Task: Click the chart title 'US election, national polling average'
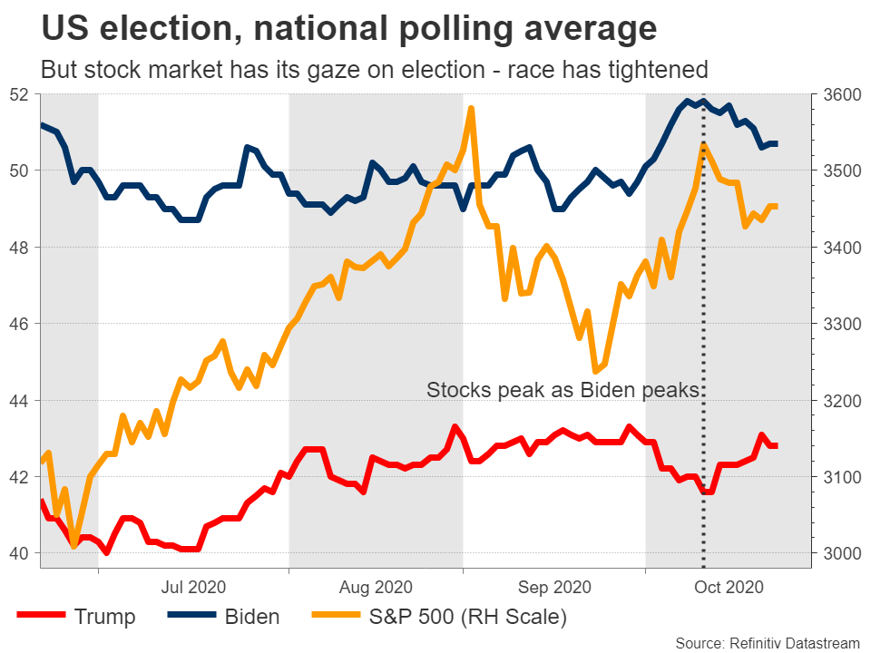pos(348,29)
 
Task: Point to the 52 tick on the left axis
pos(20,94)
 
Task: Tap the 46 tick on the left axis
pos(20,324)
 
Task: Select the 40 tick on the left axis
pos(20,553)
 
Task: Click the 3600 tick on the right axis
pos(840,94)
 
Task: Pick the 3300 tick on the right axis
pos(840,324)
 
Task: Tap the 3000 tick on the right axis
pos(840,553)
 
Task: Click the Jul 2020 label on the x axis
pos(193,587)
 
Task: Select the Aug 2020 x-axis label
pos(376,587)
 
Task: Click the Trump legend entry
pos(103,618)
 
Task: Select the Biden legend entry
pos(250,618)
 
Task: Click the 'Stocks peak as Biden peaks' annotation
pos(563,391)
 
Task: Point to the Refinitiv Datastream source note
pos(761,642)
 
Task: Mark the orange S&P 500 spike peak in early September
pos(472,109)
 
